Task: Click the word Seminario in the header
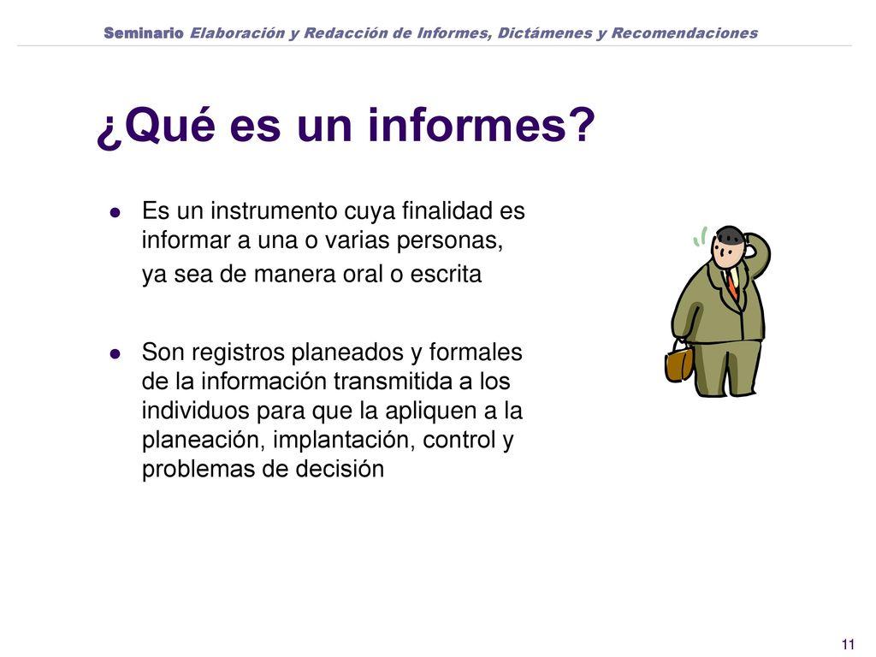point(144,33)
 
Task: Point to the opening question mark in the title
point(109,130)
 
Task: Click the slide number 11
point(849,644)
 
